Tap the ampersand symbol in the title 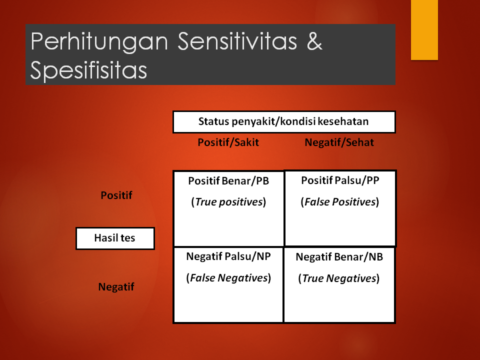tap(314, 42)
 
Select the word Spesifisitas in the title tap(88, 70)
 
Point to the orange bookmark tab tap(424, 30)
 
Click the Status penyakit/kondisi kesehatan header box tap(283, 121)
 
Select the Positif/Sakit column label tap(228, 142)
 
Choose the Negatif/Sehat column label tap(339, 142)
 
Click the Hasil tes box tap(115, 238)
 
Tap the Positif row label tap(116, 195)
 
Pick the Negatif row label tap(116, 287)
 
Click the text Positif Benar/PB tap(228, 181)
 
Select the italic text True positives tap(228, 202)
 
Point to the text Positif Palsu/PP tap(340, 180)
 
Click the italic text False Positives tap(339, 202)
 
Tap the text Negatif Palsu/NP tap(228, 256)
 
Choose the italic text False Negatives tap(228, 278)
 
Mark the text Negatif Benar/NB tap(339, 257)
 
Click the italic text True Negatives tap(339, 278)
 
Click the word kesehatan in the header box tap(344, 121)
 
